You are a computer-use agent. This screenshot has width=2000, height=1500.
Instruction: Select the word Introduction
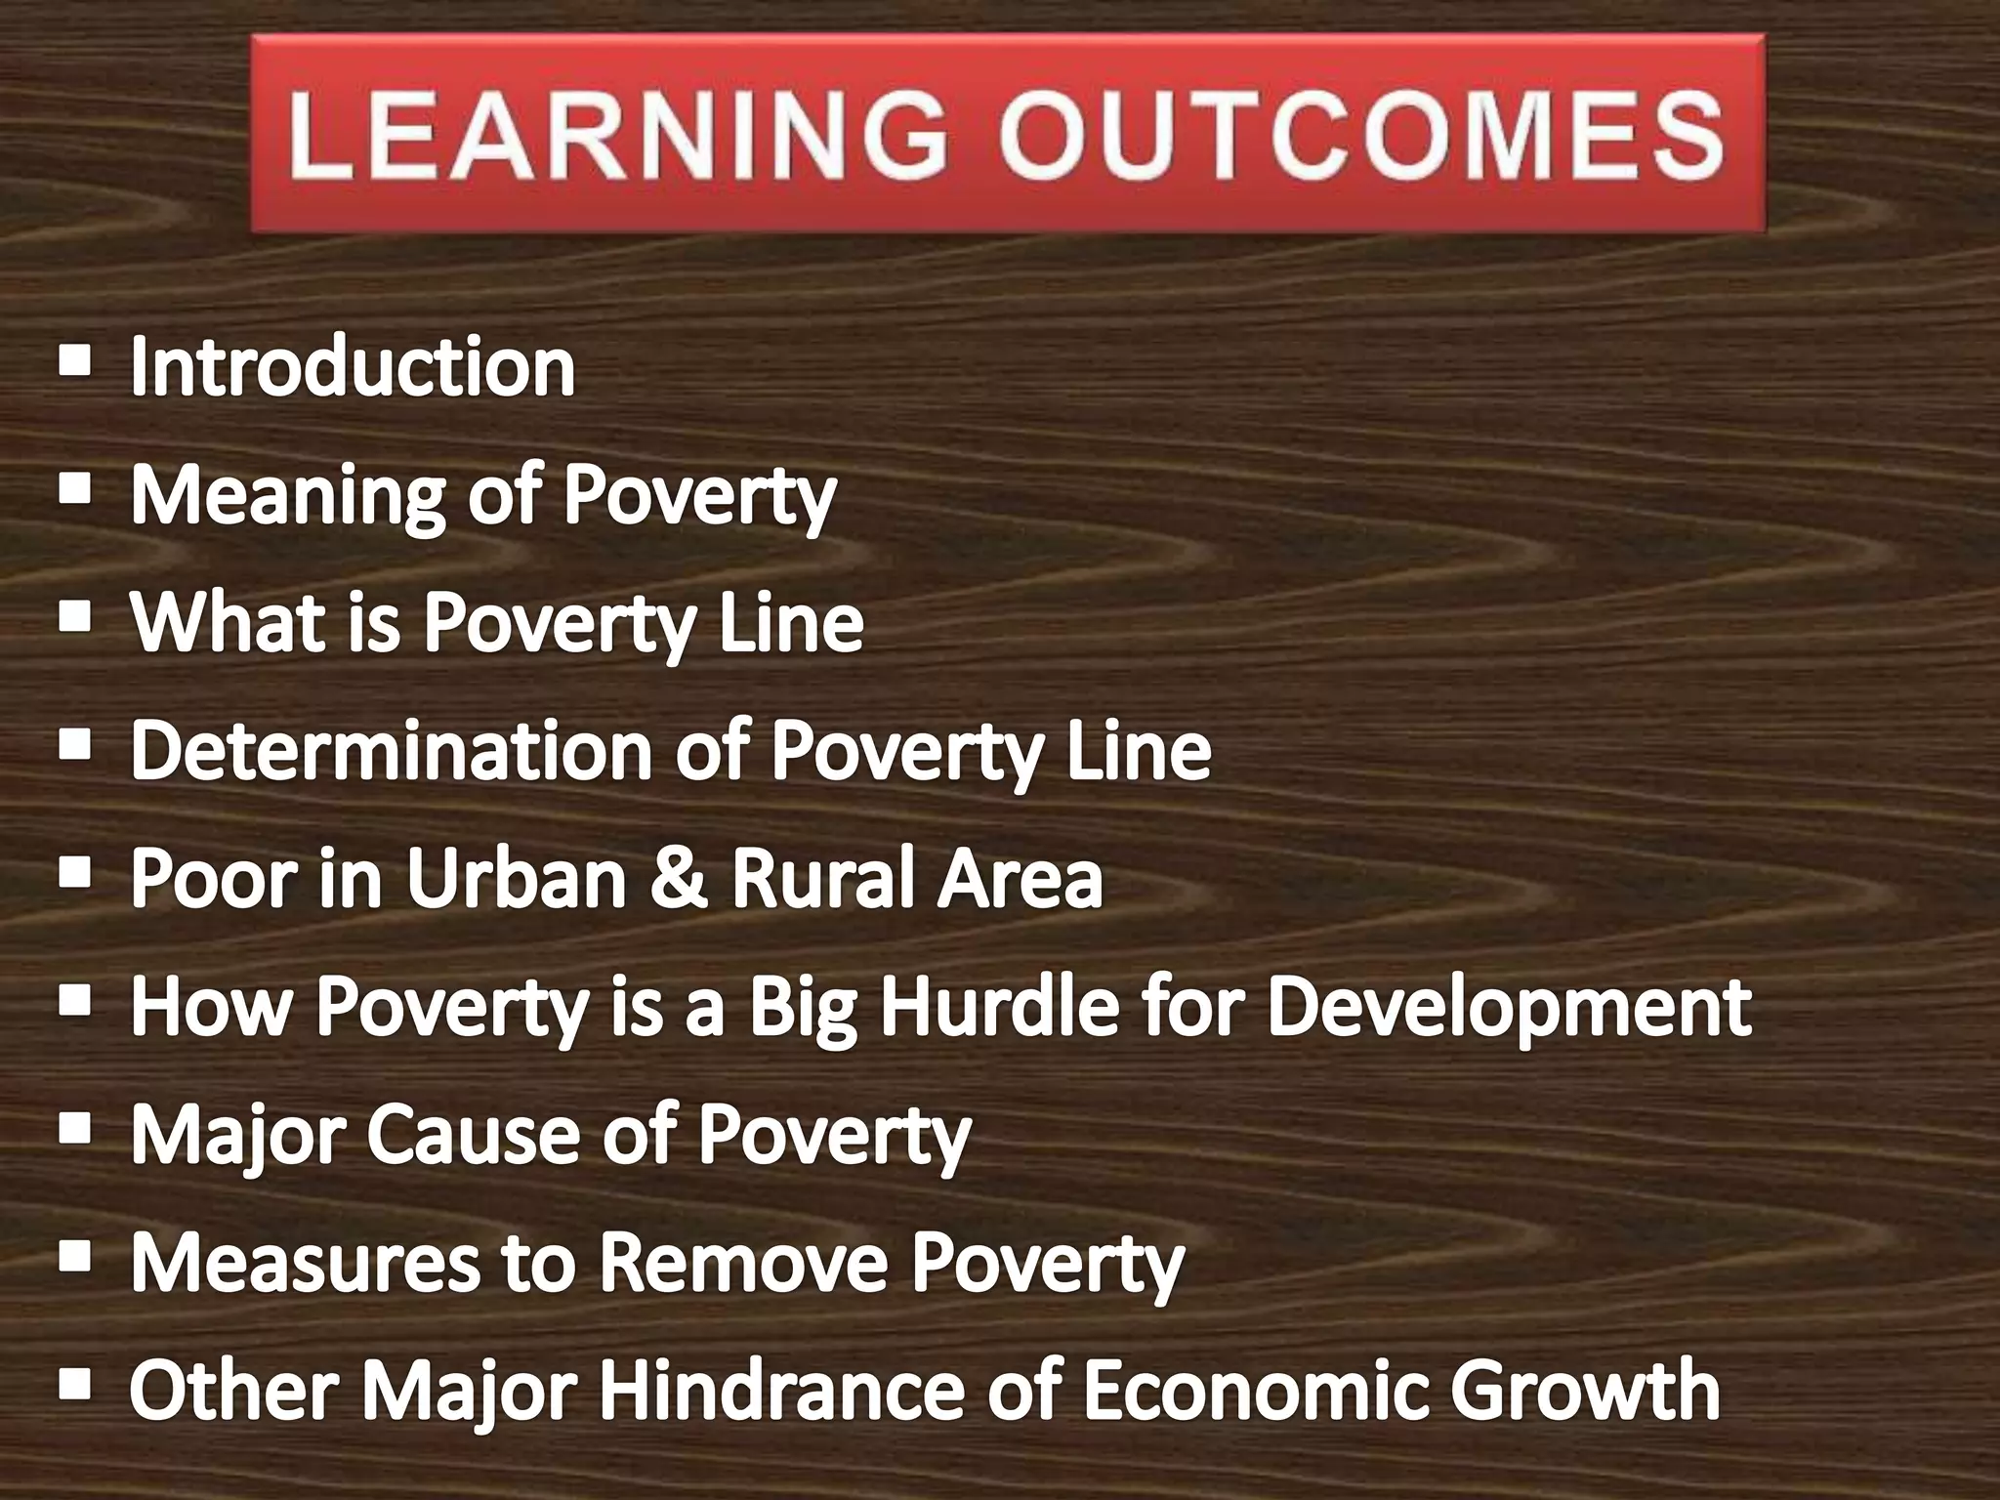353,367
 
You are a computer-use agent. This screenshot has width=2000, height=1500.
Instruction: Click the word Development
1509,1008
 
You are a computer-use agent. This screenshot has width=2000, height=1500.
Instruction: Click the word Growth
1584,1391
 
